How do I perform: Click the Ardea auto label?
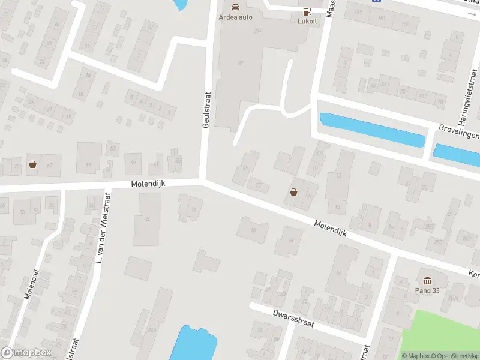click(x=236, y=17)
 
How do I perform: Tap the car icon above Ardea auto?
click(x=236, y=7)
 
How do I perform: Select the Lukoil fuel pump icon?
click(x=307, y=11)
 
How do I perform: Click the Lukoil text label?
click(x=307, y=20)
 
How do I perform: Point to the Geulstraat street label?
click(x=205, y=113)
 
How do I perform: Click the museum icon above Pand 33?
click(x=427, y=281)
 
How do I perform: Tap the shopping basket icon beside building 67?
click(x=33, y=164)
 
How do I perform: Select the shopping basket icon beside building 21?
click(x=294, y=192)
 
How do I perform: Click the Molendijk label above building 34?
click(x=148, y=184)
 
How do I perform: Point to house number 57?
click(x=88, y=164)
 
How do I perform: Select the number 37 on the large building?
click(x=241, y=62)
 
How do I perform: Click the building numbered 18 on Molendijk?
click(x=253, y=229)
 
